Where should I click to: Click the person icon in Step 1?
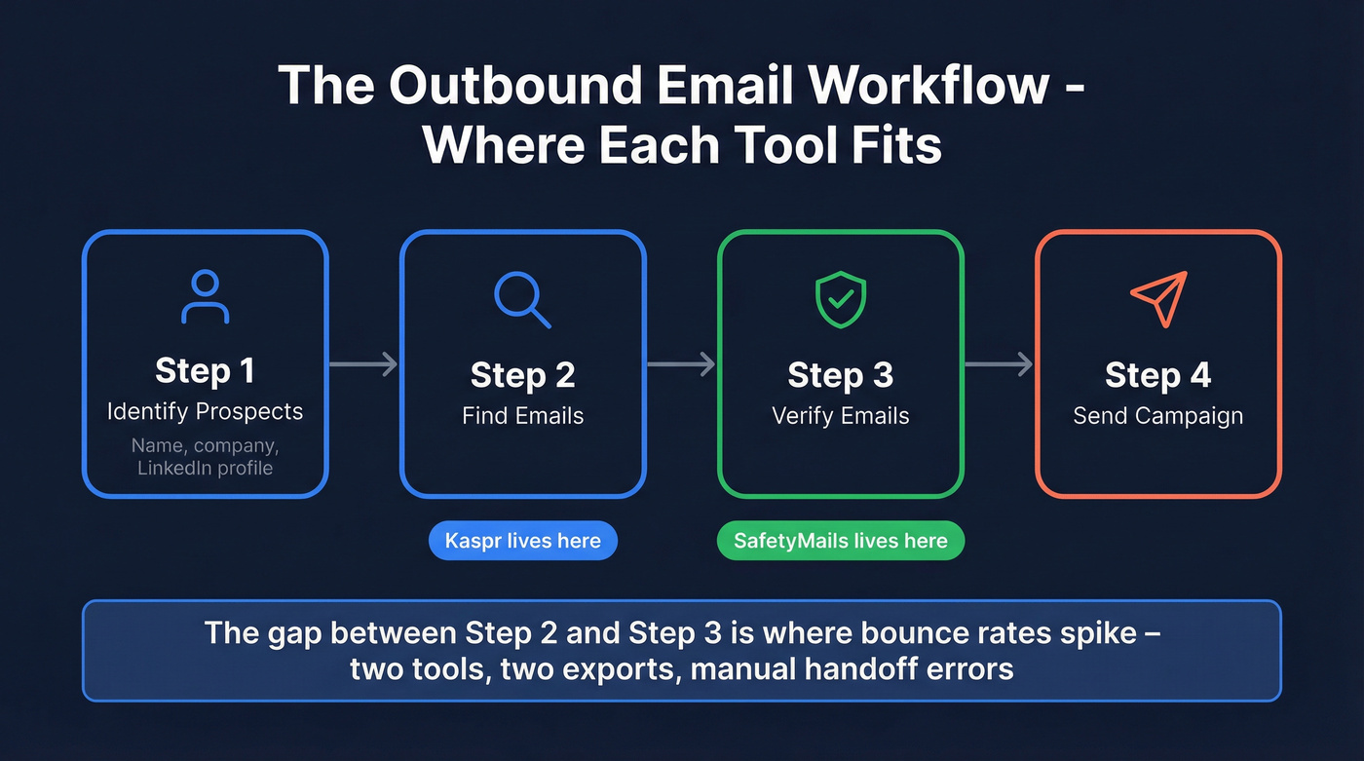(x=205, y=297)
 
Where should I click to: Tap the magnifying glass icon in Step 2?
(x=521, y=299)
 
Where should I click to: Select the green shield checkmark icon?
(x=840, y=299)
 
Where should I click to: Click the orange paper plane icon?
(x=1158, y=298)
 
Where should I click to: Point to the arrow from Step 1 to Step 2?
(x=363, y=364)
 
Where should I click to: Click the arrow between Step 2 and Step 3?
(x=681, y=364)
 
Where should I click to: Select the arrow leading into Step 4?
(x=999, y=364)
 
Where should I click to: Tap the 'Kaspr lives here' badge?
(x=522, y=541)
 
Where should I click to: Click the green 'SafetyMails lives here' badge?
(x=840, y=541)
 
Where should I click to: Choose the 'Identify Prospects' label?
(x=205, y=411)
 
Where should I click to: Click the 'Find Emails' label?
(x=522, y=416)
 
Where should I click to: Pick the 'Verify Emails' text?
(x=840, y=416)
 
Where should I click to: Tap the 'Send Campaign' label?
(x=1157, y=416)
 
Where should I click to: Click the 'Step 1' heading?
(x=205, y=370)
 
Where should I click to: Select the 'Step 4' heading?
(x=1157, y=375)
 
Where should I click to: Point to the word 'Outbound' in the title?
(x=511, y=86)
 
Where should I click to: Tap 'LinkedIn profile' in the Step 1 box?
(x=205, y=468)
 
